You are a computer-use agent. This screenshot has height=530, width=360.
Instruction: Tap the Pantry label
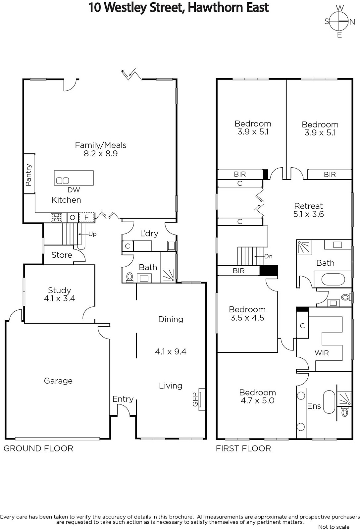point(28,175)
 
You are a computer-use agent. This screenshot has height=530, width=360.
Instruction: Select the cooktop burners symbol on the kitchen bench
point(57,217)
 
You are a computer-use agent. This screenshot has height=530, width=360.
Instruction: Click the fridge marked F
point(86,217)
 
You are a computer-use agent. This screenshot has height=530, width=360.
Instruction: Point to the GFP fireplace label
point(195,399)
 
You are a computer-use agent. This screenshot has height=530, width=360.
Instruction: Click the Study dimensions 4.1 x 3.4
point(59,298)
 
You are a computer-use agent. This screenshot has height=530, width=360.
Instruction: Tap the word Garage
point(58,381)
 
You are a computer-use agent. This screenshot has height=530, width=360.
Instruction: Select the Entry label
point(123,399)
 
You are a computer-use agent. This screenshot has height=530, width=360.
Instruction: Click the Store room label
point(62,255)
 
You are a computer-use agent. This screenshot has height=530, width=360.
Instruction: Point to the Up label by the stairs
point(92,234)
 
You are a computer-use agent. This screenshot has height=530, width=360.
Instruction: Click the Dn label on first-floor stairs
point(269,256)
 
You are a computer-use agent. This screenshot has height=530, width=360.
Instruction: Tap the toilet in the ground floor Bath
point(129,277)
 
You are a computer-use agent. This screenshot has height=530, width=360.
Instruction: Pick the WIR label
point(322,353)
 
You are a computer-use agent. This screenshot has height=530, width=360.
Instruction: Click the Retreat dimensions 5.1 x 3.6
point(308,214)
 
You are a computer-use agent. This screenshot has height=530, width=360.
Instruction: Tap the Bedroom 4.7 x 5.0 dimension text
point(258,400)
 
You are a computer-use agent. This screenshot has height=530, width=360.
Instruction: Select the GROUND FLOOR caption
point(38,449)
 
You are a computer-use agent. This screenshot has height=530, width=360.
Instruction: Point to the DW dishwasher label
point(74,190)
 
